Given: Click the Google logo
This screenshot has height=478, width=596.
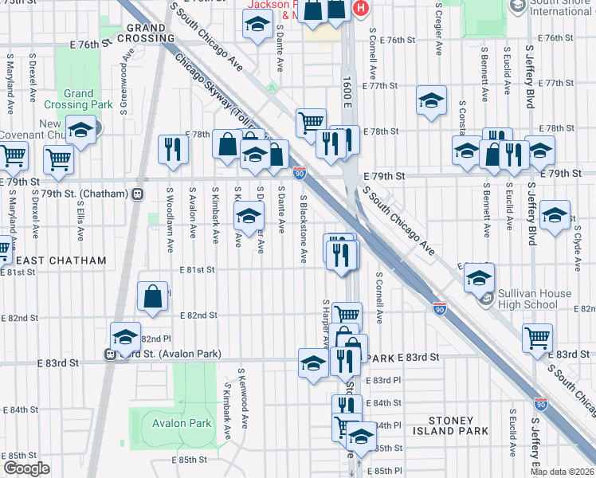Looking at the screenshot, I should (26, 468).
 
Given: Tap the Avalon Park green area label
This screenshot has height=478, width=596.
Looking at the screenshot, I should (182, 423).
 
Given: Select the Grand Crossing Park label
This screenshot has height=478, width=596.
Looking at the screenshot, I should (89, 99).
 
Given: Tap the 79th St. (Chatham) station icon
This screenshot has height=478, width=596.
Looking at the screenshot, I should (138, 194).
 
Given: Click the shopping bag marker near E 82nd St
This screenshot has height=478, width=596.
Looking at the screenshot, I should (152, 296).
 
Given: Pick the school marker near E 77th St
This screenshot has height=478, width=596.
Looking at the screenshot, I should (431, 100).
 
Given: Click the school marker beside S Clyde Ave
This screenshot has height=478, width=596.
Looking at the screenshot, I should (555, 214).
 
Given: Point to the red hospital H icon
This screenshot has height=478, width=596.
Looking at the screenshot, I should (360, 8).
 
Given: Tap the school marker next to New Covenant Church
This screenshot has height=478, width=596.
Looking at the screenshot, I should (80, 129).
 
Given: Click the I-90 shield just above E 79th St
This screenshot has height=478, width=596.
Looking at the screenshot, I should (299, 171).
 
